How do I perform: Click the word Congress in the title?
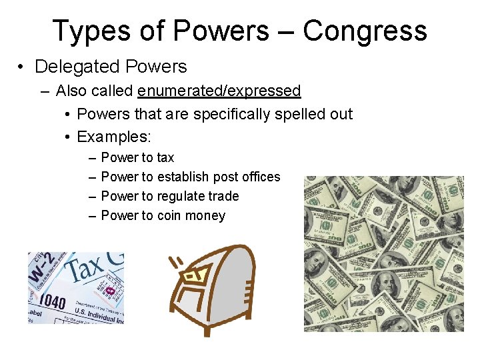(x=365, y=31)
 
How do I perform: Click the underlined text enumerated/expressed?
(x=219, y=91)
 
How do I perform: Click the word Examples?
(x=114, y=137)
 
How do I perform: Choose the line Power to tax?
(x=137, y=157)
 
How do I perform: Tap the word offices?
(x=259, y=177)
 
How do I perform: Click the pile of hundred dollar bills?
(x=383, y=253)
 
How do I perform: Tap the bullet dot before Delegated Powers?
(x=22, y=67)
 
